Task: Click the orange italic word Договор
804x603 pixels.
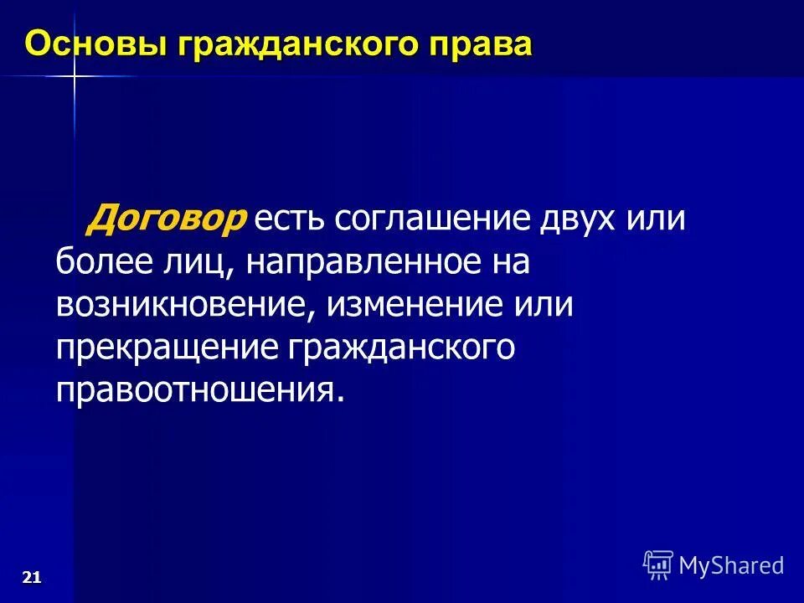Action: point(168,219)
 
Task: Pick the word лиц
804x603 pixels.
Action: point(198,263)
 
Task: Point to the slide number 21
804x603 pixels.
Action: point(32,576)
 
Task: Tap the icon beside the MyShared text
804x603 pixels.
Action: point(658,565)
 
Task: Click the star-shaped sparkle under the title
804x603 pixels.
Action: point(74,77)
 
